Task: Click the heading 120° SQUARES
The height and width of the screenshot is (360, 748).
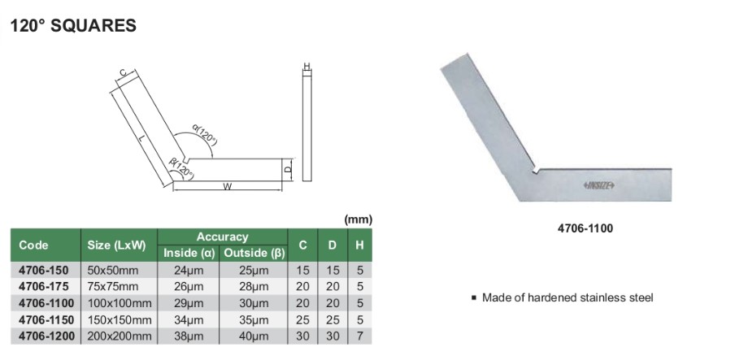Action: pos(72,26)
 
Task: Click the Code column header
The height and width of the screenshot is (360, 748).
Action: pos(33,245)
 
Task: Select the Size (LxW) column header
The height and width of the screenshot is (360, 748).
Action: pos(116,245)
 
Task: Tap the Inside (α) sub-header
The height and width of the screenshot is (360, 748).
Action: pos(189,253)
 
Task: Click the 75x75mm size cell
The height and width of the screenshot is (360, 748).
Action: pos(114,286)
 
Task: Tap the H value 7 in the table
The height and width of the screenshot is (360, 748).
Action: pos(359,336)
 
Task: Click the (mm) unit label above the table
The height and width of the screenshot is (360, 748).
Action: pos(358,219)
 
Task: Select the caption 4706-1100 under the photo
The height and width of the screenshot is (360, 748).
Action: pos(587,228)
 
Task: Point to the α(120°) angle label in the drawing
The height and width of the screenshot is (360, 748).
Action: pos(204,136)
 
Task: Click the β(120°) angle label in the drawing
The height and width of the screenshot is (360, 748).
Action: pos(180,168)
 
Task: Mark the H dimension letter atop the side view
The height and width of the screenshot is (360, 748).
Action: pos(307,66)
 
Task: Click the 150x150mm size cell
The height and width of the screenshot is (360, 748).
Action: pos(120,319)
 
